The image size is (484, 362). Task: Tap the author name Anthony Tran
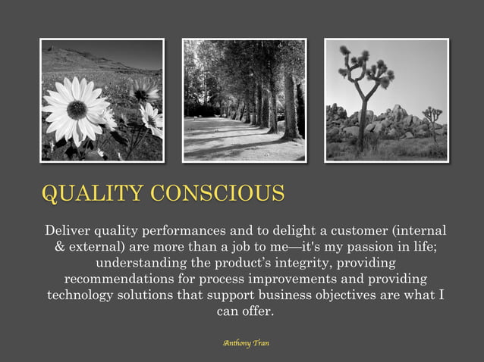point(246,343)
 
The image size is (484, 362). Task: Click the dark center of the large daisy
point(77,110)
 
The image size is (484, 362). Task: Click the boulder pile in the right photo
point(394,125)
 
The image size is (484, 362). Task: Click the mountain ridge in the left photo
point(83,58)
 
